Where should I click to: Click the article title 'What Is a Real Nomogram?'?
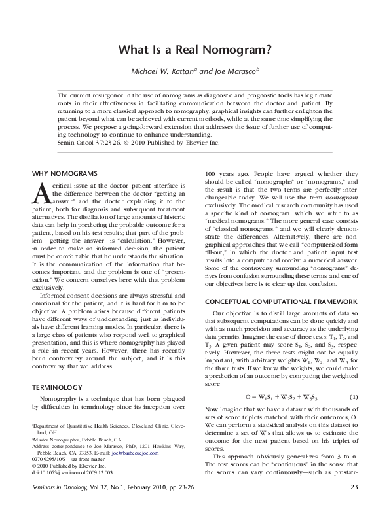[x=194, y=50]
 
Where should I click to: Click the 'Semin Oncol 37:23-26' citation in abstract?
[x=86, y=142]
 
